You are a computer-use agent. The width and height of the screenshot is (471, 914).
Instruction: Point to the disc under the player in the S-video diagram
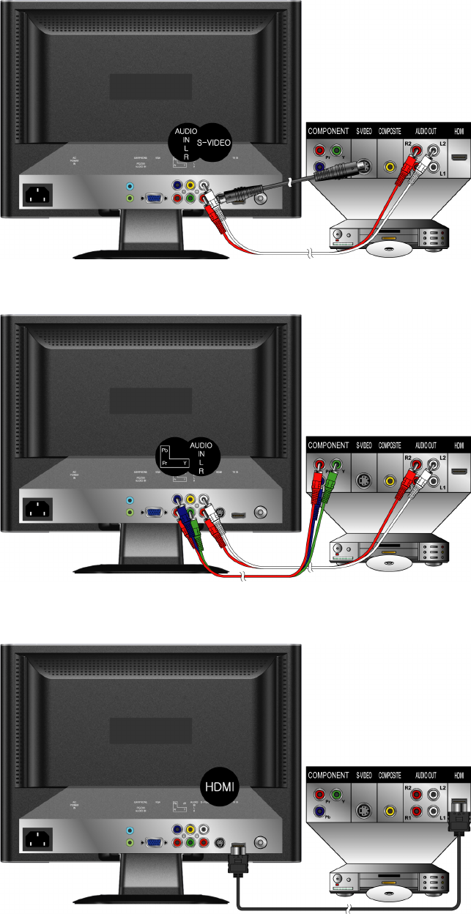(x=386, y=250)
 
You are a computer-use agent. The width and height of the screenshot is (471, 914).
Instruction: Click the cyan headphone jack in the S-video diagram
(x=130, y=186)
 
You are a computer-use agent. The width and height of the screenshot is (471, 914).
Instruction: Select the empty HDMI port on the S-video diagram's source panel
(x=460, y=157)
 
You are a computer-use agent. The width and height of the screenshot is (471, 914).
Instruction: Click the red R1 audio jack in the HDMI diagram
(x=417, y=811)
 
